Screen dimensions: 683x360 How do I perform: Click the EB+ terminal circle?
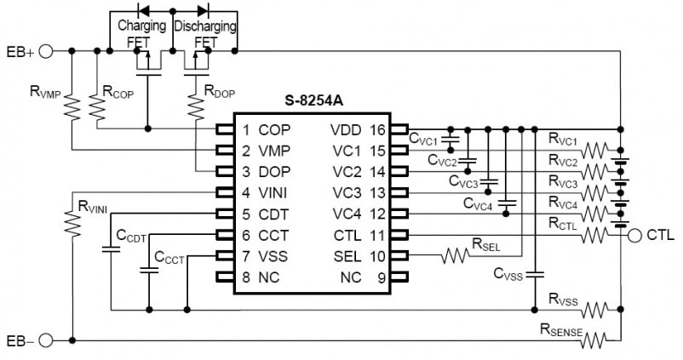(46, 51)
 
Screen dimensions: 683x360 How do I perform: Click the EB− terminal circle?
(46, 340)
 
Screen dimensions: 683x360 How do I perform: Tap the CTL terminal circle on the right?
(635, 236)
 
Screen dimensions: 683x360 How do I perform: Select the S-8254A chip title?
(313, 100)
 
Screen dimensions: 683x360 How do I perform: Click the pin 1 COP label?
(267, 129)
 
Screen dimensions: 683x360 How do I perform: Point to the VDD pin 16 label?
(358, 129)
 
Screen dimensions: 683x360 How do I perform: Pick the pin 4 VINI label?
(264, 192)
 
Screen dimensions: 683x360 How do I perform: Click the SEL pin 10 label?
(359, 256)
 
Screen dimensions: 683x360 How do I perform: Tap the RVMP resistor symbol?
(72, 107)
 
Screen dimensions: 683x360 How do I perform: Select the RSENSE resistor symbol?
(594, 340)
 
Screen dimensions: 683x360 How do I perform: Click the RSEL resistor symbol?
(455, 256)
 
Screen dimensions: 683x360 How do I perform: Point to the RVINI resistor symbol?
(72, 223)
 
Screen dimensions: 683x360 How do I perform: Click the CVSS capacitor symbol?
(535, 275)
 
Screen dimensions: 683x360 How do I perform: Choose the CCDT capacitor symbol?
(111, 249)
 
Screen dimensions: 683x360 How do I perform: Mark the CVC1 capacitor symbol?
(451, 140)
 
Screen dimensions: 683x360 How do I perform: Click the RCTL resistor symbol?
(594, 236)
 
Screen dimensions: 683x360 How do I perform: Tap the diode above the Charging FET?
(143, 9)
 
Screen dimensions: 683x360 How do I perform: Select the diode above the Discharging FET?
(203, 9)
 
